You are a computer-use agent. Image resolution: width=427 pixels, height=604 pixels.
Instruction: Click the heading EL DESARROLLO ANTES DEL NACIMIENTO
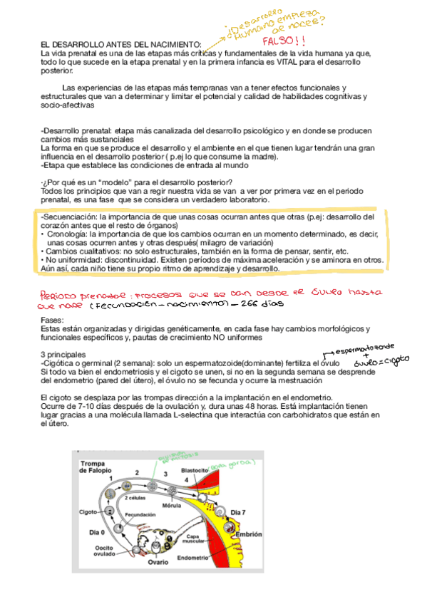[121, 44]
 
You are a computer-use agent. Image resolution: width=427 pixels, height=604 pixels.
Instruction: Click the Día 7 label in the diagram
[240, 512]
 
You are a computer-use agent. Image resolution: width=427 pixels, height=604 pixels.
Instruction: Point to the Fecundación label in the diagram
[140, 514]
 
